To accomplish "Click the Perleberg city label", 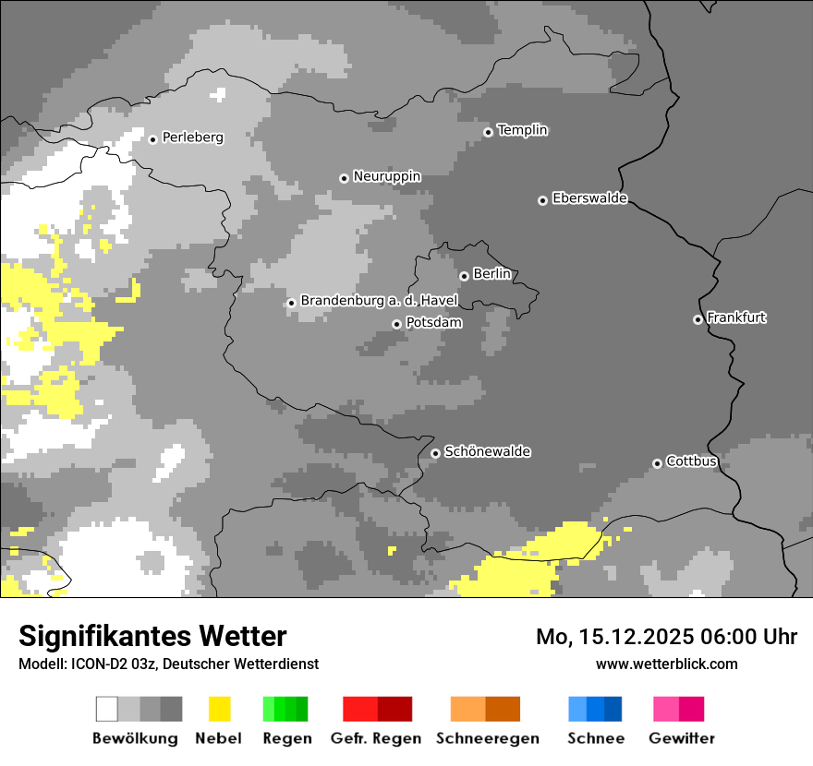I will click(192, 138).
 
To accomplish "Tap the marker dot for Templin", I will click(488, 132).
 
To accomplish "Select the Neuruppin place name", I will click(386, 176).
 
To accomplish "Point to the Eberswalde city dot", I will click(542, 200).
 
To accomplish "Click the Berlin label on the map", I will click(491, 274).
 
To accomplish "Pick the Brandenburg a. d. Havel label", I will click(379, 301).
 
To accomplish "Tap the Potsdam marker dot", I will click(396, 324).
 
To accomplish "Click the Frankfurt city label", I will click(736, 317).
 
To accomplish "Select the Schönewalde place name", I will click(487, 451).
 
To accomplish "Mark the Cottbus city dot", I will click(657, 463).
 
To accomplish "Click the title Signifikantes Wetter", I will click(152, 636).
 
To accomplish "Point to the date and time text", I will click(666, 637).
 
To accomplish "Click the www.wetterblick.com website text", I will click(666, 664).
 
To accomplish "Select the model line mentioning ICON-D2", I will click(168, 664).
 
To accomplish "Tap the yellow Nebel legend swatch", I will click(220, 709).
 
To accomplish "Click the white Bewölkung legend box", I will click(107, 709).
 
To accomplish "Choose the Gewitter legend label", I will click(681, 738).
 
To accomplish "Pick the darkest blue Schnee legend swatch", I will click(613, 709).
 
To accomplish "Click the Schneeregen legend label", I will click(487, 738).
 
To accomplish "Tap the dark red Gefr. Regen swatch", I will click(394, 709).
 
